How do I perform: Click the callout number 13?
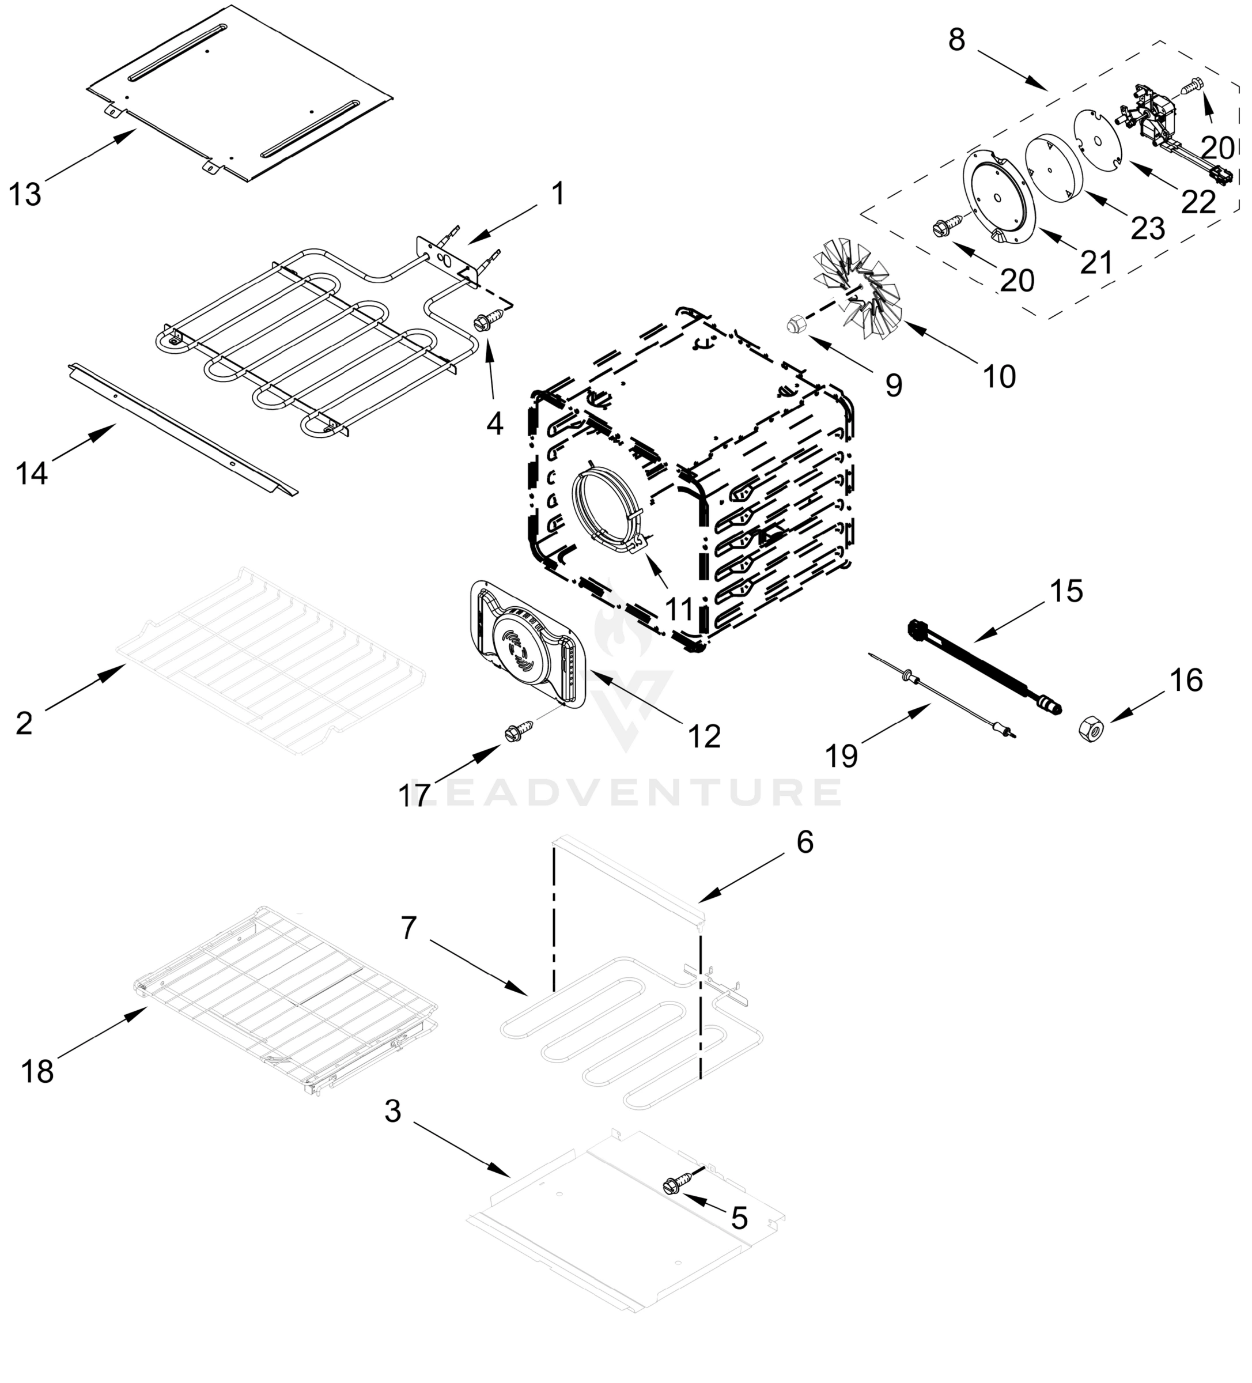[x=25, y=195]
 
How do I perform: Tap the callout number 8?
[x=957, y=40]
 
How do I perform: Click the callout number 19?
[x=842, y=756]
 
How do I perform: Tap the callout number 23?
[x=1148, y=228]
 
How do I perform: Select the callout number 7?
[x=409, y=928]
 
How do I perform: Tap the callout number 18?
[x=37, y=1071]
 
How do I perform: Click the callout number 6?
[x=805, y=842]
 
